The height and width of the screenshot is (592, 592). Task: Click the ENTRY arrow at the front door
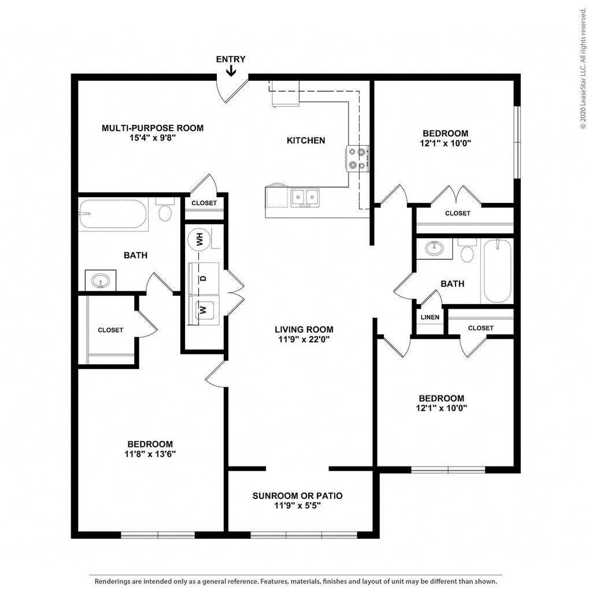(x=231, y=71)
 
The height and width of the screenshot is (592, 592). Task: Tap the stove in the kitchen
(x=357, y=159)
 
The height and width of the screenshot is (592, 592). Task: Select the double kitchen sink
(x=305, y=198)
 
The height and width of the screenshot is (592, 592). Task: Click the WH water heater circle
(x=199, y=239)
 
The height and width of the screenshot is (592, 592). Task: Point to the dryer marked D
(x=203, y=278)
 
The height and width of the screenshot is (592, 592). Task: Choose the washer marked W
(x=203, y=310)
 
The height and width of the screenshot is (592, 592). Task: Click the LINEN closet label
(x=430, y=317)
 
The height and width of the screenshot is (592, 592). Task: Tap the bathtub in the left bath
(x=113, y=214)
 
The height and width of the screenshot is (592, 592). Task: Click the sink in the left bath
(x=101, y=281)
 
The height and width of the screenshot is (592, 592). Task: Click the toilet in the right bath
(x=467, y=250)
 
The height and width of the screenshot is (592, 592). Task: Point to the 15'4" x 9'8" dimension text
(x=153, y=138)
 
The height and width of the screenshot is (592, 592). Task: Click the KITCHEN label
(x=306, y=140)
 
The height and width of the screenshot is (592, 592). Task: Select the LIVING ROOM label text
(x=304, y=330)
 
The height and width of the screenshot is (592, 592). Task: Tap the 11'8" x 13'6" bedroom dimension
(x=150, y=454)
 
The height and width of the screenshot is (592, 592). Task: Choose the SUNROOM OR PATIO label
(x=298, y=495)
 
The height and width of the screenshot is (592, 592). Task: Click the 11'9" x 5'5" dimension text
(x=298, y=505)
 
